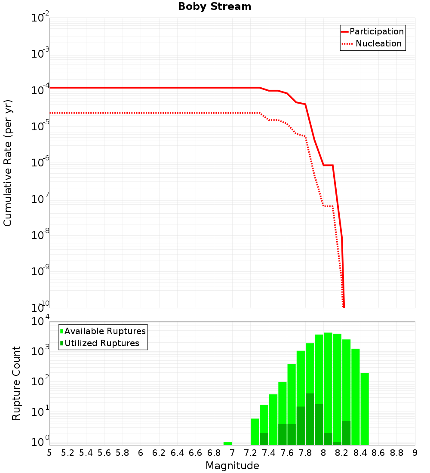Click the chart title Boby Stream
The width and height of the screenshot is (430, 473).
(x=214, y=6)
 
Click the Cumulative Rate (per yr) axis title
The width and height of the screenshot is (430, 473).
(x=8, y=163)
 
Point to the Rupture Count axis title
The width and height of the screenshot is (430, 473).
(x=16, y=383)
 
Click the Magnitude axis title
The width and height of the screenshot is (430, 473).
(x=232, y=466)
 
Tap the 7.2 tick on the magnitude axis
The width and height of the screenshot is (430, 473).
(x=250, y=453)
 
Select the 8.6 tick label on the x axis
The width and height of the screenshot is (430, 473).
(x=378, y=453)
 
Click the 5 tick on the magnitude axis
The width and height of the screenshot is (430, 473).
(x=49, y=453)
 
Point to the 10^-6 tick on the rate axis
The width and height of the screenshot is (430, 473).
(x=40, y=162)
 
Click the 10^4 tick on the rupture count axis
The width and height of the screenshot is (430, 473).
(x=40, y=322)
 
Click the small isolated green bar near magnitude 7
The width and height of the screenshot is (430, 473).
(x=228, y=443)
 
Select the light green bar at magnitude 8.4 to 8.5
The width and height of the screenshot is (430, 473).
(x=365, y=408)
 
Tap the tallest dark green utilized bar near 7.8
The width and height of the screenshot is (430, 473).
(x=310, y=419)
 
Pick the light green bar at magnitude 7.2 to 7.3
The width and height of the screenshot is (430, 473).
(x=255, y=432)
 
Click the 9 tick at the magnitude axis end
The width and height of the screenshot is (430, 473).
(x=415, y=453)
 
